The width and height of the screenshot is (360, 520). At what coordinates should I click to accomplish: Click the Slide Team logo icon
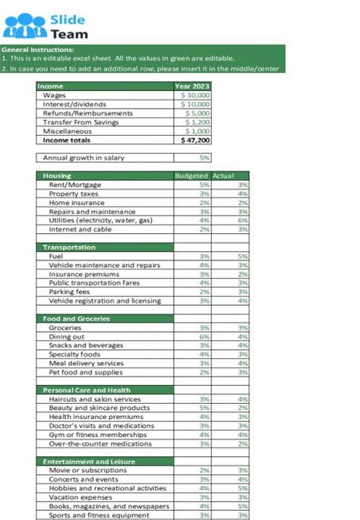(x=24, y=26)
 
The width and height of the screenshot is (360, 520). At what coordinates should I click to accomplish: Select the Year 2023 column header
(x=192, y=87)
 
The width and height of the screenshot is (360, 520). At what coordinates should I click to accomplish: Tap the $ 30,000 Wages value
(x=194, y=96)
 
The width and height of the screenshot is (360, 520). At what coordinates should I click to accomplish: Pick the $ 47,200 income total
(x=195, y=140)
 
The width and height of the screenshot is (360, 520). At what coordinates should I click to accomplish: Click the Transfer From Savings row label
(x=76, y=122)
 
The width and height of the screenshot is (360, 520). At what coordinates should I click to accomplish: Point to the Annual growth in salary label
(x=84, y=158)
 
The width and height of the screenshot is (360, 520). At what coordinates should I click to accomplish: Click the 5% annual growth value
(x=204, y=158)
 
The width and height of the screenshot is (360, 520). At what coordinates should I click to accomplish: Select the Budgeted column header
(x=191, y=176)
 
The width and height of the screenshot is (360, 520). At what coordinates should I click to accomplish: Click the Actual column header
(x=223, y=176)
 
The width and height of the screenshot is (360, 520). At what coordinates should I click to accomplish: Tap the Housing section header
(x=57, y=176)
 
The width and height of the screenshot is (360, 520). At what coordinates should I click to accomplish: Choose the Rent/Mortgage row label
(x=74, y=184)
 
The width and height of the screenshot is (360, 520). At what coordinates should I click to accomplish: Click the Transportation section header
(x=69, y=247)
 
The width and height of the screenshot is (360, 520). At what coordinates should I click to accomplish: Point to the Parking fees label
(x=69, y=292)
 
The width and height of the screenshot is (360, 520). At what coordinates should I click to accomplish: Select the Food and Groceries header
(x=77, y=319)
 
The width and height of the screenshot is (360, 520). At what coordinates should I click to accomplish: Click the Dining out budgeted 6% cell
(x=204, y=336)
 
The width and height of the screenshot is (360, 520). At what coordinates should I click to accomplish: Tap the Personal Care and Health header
(x=87, y=390)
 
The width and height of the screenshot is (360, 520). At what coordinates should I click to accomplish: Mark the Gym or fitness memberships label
(x=96, y=434)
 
